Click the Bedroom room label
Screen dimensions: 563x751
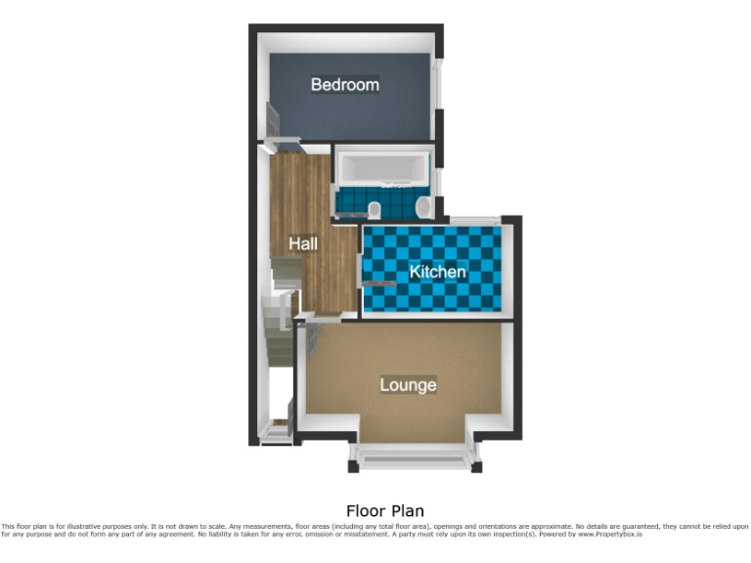(x=344, y=85)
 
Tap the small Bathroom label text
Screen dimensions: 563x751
(x=395, y=185)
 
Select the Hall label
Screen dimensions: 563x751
(x=303, y=243)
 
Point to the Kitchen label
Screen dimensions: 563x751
(x=437, y=271)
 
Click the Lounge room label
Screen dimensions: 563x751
(x=408, y=385)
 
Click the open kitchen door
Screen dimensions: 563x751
(x=378, y=283)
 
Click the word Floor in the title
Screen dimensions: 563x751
(x=366, y=511)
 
